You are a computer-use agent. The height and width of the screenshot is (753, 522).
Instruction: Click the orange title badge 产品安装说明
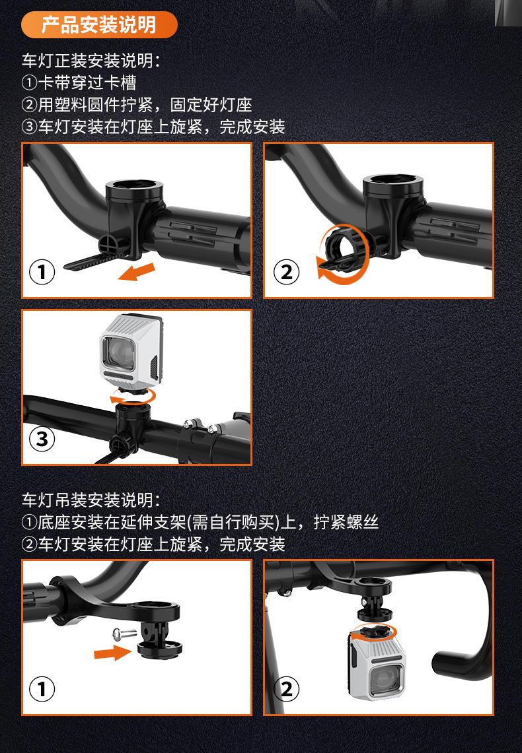tap(99, 24)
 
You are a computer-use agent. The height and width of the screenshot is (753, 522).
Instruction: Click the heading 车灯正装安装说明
tap(91, 61)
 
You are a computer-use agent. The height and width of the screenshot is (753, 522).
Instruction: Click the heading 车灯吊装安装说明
tap(91, 500)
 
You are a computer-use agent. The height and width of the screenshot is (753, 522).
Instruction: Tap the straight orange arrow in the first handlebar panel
tap(137, 272)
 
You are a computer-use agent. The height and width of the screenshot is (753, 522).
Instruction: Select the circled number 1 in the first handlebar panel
tap(42, 272)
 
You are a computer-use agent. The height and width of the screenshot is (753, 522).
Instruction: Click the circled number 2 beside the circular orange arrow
tap(287, 272)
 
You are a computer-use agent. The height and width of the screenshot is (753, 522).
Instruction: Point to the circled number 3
tap(42, 439)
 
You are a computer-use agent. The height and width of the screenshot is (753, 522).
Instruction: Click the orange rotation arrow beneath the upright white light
tap(133, 397)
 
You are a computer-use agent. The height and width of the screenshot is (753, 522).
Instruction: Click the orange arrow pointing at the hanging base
tap(112, 652)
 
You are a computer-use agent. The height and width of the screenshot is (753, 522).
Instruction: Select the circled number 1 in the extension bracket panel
tap(42, 689)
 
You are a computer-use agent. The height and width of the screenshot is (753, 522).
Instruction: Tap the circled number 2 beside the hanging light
tap(287, 689)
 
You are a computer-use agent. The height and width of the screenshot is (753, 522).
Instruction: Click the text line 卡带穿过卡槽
tap(79, 82)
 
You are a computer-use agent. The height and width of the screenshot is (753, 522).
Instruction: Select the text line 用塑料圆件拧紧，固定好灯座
tap(137, 105)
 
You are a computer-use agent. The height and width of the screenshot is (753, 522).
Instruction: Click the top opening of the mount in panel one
tap(135, 184)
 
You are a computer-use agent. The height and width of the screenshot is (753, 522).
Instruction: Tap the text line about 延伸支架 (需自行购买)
tap(200, 522)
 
